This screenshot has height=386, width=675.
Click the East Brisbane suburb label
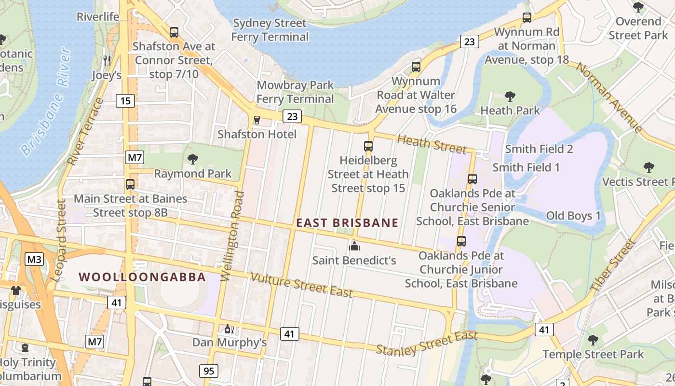[x=347, y=223]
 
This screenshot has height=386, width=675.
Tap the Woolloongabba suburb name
[x=142, y=277]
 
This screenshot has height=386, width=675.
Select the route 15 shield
[x=125, y=101]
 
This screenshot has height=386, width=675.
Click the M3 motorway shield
[x=34, y=260]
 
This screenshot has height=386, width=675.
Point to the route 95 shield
[x=208, y=371]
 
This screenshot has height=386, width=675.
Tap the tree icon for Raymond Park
[x=193, y=159]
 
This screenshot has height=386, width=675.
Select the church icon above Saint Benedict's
[x=354, y=246]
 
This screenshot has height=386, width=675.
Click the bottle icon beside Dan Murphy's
[x=229, y=329]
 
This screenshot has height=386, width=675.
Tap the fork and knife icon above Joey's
[x=107, y=60]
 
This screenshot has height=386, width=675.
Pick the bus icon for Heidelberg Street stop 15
[x=368, y=146]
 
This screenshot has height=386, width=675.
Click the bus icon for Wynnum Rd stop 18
[x=527, y=18]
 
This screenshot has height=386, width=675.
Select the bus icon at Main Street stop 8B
[x=130, y=184]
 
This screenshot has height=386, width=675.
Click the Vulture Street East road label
[x=302, y=285]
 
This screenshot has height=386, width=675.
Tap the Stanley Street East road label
[x=426, y=342]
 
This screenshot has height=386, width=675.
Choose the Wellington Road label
[x=232, y=235]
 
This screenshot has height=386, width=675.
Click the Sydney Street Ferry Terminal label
[x=270, y=30]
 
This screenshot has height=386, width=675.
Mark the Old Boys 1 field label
[x=573, y=216]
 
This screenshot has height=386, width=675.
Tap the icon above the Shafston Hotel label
[x=257, y=120]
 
